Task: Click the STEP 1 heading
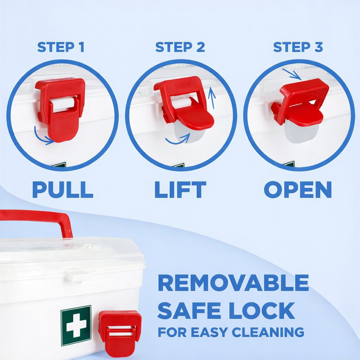pyautogui.click(x=61, y=47)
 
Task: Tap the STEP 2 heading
pyautogui.click(x=180, y=47)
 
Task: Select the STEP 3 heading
pyautogui.click(x=298, y=47)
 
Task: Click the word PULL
pyautogui.click(x=63, y=190)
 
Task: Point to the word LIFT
pyautogui.click(x=180, y=190)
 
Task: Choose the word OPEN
pyautogui.click(x=298, y=190)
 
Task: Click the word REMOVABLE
pyautogui.click(x=233, y=283)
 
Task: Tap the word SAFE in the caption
pyautogui.click(x=190, y=310)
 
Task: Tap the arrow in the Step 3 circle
pyautogui.click(x=291, y=74)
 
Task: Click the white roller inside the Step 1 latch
pyautogui.click(x=63, y=104)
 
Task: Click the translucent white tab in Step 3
pyautogui.click(x=301, y=133)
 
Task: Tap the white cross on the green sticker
pyautogui.click(x=76, y=326)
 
